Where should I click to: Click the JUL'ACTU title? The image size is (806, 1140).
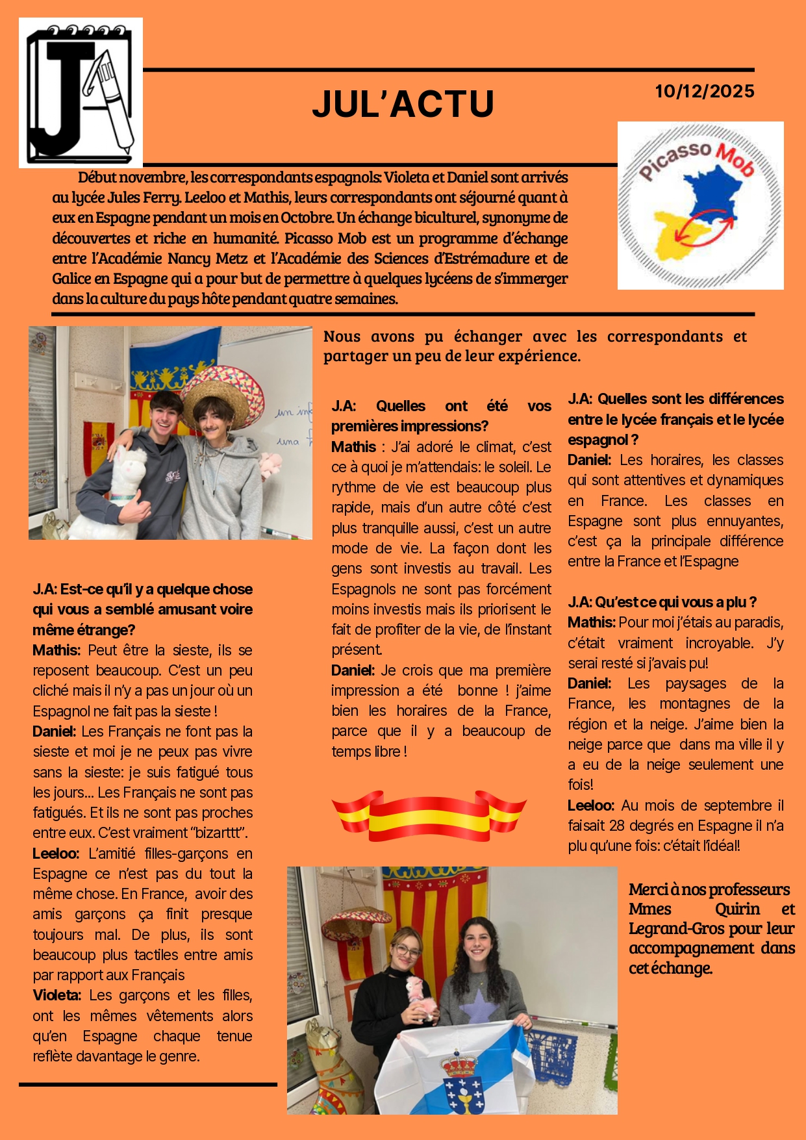point(403,104)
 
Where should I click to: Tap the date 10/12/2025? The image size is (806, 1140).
point(704,91)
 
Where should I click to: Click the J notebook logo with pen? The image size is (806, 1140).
point(81,92)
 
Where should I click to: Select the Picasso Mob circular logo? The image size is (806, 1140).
point(700,205)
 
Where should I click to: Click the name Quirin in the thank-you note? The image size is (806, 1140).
point(737,909)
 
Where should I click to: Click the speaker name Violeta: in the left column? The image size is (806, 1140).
point(57,995)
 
